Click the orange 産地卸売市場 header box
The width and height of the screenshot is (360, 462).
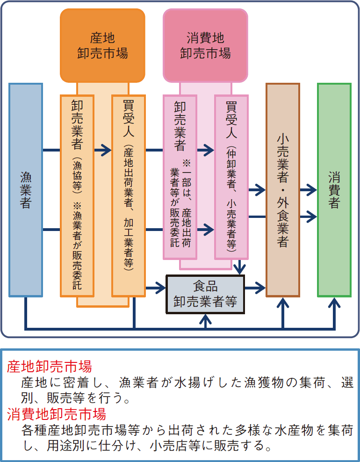pyautogui.click(x=102, y=45)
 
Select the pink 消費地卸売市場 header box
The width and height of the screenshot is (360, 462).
pyautogui.click(x=205, y=45)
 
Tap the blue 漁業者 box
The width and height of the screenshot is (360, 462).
pyautogui.click(x=26, y=189)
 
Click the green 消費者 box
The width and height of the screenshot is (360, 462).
pyautogui.click(x=334, y=189)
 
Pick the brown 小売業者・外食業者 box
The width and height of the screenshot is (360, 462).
pyautogui.click(x=282, y=189)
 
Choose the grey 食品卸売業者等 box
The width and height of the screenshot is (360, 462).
pyautogui.click(x=205, y=294)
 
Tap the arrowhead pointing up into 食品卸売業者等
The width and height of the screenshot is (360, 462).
pyautogui.click(x=205, y=318)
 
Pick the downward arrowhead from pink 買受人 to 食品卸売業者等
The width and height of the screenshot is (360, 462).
pyautogui.click(x=240, y=270)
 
